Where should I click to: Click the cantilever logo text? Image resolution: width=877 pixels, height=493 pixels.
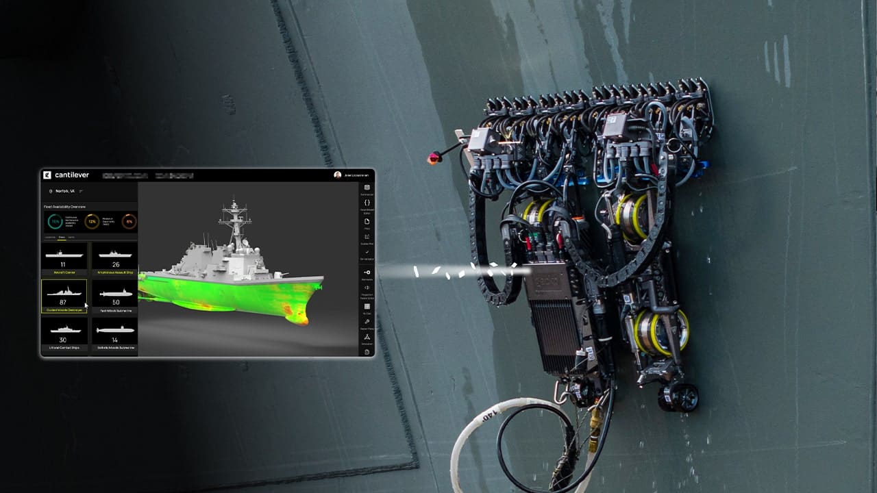71,175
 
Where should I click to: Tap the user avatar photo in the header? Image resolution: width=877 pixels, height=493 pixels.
337,175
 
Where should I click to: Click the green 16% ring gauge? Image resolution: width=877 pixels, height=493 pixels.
55,221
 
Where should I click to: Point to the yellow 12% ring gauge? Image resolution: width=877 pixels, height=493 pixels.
92,221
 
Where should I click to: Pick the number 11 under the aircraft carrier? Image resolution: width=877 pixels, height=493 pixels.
63,264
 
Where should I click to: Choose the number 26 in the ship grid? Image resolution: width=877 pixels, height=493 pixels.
115,264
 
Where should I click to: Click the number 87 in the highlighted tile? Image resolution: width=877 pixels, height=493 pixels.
63,302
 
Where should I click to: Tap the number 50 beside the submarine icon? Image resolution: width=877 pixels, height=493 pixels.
115,302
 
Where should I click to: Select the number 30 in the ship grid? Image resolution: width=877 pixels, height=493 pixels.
63,340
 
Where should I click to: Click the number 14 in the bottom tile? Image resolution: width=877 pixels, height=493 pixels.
115,340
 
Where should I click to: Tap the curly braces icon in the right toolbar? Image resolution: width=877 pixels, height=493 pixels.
367,203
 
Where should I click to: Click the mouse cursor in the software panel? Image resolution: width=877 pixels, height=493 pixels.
86,305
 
